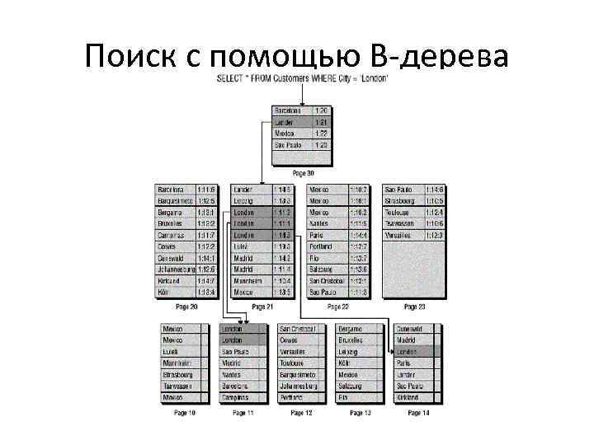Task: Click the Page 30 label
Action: [303, 173]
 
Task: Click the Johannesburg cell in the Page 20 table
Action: [175, 269]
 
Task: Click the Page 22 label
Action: [338, 307]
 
